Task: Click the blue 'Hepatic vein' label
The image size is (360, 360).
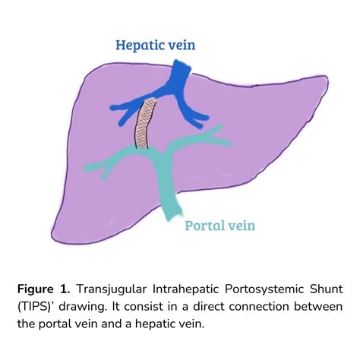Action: [x=156, y=46]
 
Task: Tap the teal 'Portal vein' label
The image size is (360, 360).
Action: [x=219, y=226]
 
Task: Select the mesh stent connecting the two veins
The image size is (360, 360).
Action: [x=145, y=124]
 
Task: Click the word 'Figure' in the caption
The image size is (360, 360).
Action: [x=36, y=289]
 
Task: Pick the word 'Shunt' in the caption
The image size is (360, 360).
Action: [x=326, y=289]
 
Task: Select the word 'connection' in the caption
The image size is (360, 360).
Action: [x=259, y=307]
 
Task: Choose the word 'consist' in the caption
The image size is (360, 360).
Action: [x=144, y=307]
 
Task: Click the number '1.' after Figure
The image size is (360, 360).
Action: [x=65, y=289]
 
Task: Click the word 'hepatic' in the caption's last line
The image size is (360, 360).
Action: [x=156, y=324]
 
